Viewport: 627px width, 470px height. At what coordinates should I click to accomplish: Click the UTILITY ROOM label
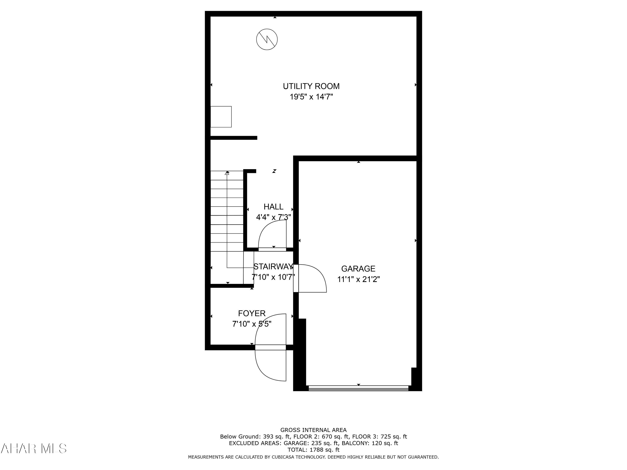pyautogui.click(x=311, y=86)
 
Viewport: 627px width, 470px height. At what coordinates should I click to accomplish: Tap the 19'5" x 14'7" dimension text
pyautogui.click(x=311, y=97)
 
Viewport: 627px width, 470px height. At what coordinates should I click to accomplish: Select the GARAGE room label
pyautogui.click(x=358, y=269)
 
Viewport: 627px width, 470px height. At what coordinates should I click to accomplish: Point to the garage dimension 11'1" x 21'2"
pyautogui.click(x=358, y=279)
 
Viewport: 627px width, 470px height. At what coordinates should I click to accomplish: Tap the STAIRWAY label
pyautogui.click(x=273, y=267)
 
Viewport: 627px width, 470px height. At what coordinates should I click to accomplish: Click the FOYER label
pyautogui.click(x=252, y=313)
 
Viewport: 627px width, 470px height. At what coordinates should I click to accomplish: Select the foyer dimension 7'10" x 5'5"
pyautogui.click(x=252, y=324)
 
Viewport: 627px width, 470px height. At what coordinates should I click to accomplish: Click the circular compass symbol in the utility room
pyautogui.click(x=267, y=39)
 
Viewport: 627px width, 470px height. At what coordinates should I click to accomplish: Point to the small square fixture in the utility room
pyautogui.click(x=221, y=117)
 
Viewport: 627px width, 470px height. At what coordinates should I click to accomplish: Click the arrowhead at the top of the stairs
pyautogui.click(x=227, y=173)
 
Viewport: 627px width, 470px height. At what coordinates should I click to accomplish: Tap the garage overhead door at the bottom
pyautogui.click(x=358, y=388)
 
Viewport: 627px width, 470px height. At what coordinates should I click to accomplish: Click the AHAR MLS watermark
pyautogui.click(x=33, y=448)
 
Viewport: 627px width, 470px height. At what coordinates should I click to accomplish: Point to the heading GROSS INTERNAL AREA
pyautogui.click(x=313, y=430)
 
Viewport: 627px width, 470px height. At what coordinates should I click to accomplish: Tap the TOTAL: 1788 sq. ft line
pyautogui.click(x=313, y=450)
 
